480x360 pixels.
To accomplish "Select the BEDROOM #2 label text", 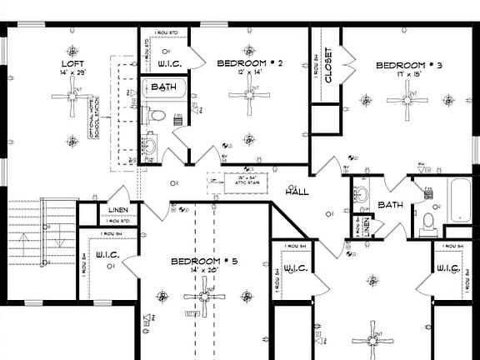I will (x=251, y=63).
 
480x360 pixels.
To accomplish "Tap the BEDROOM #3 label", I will (x=408, y=66).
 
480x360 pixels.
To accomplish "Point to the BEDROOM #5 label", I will (x=204, y=261).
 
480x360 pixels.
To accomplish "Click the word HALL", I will (x=297, y=192).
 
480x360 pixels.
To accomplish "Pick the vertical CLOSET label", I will (x=328, y=65).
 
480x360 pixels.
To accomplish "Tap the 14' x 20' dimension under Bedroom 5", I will (x=204, y=271).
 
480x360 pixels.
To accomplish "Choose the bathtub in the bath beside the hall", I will (x=461, y=200).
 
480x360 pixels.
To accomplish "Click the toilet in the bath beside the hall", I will (x=428, y=222).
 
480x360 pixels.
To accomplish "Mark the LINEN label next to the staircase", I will (x=118, y=211).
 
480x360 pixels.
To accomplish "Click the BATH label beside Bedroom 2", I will (x=163, y=86).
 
